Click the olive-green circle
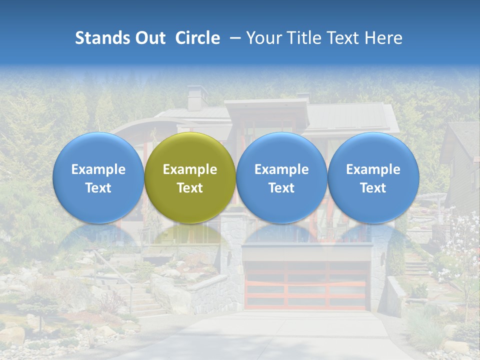point(190,177)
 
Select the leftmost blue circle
point(98,177)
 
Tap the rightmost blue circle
point(373,177)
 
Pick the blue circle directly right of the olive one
point(281,177)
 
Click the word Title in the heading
point(309,38)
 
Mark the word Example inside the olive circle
point(190,169)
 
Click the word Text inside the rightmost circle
point(373,188)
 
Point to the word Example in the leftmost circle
point(98,169)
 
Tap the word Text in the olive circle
point(190,188)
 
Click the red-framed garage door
point(306,285)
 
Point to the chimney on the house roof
point(196,97)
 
